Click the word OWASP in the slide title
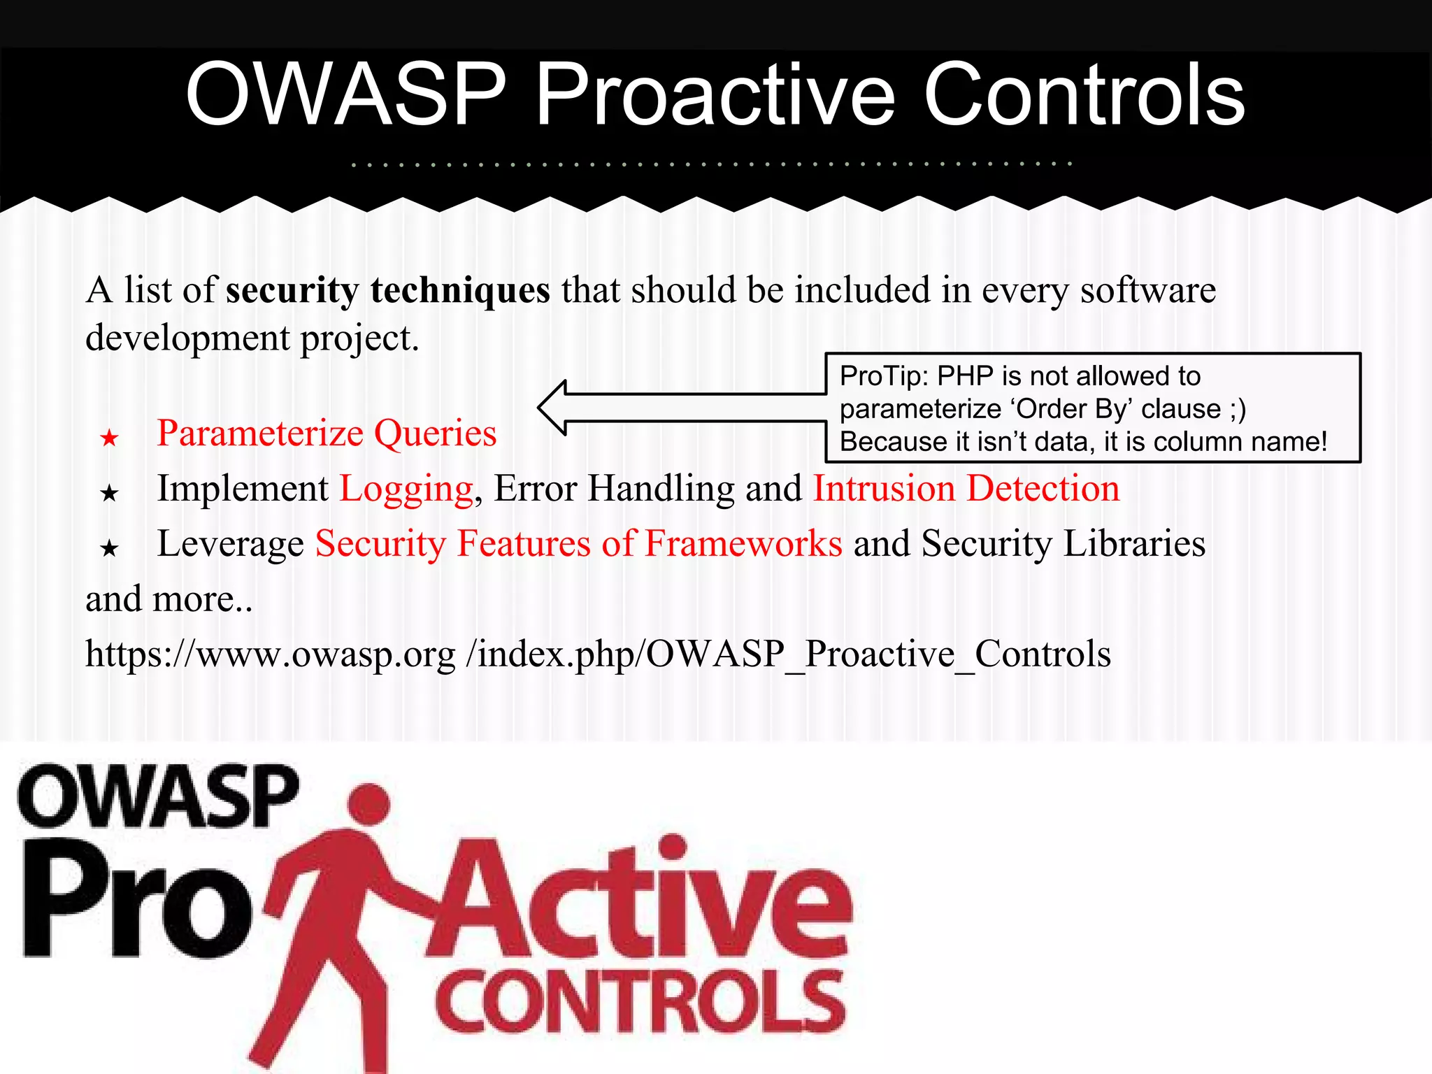[345, 94]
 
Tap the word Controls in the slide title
[1084, 94]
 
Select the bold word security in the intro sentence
[292, 290]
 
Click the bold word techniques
[460, 290]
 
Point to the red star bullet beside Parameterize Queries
[109, 438]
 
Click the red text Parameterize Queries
[327, 434]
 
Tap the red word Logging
[406, 489]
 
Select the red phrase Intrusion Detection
[966, 489]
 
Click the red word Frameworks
[743, 543]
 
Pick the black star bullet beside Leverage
[109, 548]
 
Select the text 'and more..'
[169, 599]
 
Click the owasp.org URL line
[598, 654]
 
